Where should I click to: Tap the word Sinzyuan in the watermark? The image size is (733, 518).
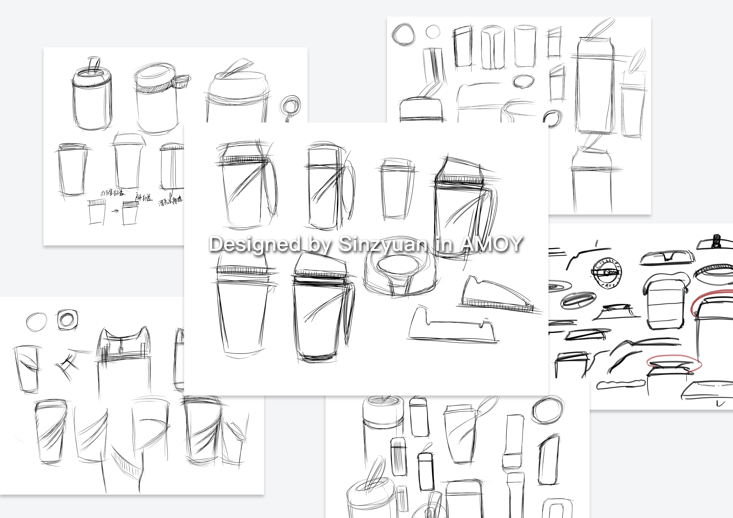click(x=382, y=244)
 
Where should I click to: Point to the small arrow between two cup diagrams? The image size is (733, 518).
click(x=116, y=211)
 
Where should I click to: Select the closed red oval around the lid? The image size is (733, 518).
click(x=674, y=364)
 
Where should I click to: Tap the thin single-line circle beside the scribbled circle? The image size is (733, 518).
click(x=433, y=32)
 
